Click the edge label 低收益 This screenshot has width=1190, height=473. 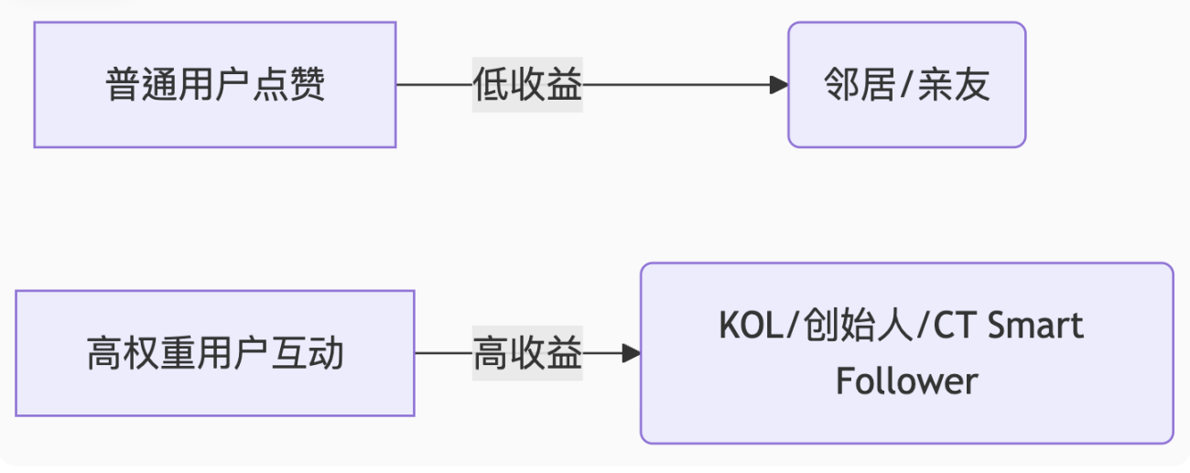coord(527,86)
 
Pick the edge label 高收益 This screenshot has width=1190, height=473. coord(527,353)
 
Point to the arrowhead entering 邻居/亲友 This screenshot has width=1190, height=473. coord(779,86)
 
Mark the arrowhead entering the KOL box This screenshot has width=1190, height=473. coord(631,353)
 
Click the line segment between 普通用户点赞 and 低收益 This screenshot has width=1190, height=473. coord(434,86)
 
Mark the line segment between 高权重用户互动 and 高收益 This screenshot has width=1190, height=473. coord(443,353)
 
